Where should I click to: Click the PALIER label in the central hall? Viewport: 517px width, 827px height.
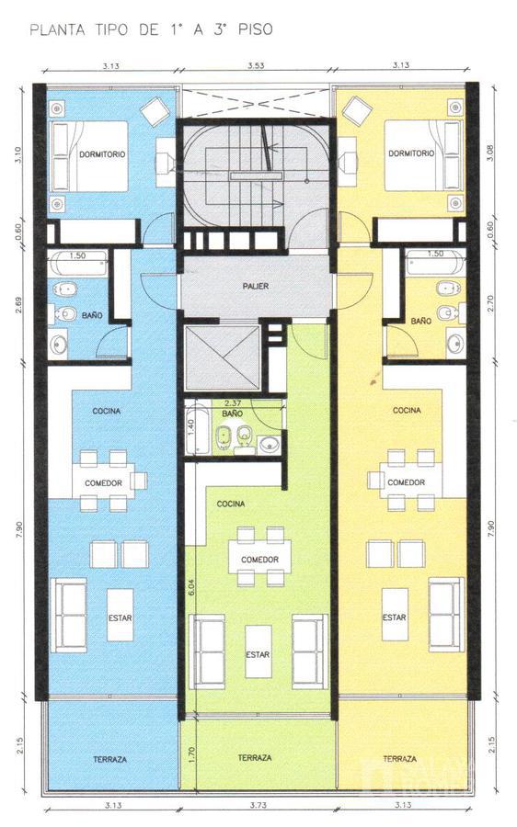tap(256, 286)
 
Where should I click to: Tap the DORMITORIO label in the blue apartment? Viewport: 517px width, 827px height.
tap(102, 154)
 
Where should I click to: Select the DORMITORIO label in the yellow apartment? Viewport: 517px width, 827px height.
tap(411, 153)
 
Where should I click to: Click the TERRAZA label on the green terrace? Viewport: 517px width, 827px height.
tap(255, 757)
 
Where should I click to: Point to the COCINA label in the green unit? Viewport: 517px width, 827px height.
tap(231, 504)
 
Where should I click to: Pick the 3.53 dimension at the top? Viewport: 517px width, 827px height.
tap(256, 66)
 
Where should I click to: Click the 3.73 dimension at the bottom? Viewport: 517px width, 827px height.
tap(258, 805)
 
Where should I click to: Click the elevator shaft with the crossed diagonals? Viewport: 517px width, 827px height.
tap(223, 358)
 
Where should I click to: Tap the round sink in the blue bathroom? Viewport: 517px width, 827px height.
tap(59, 345)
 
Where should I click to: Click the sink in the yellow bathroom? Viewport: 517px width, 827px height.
tap(455, 343)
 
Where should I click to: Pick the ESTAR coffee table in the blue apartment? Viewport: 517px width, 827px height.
tap(120, 615)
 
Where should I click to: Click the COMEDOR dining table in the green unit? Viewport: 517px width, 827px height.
tap(259, 557)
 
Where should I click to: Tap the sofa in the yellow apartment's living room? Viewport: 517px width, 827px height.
tap(446, 615)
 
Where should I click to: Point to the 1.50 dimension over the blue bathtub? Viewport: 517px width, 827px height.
tap(77, 255)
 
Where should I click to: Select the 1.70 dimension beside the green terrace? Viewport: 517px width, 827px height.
tap(191, 754)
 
